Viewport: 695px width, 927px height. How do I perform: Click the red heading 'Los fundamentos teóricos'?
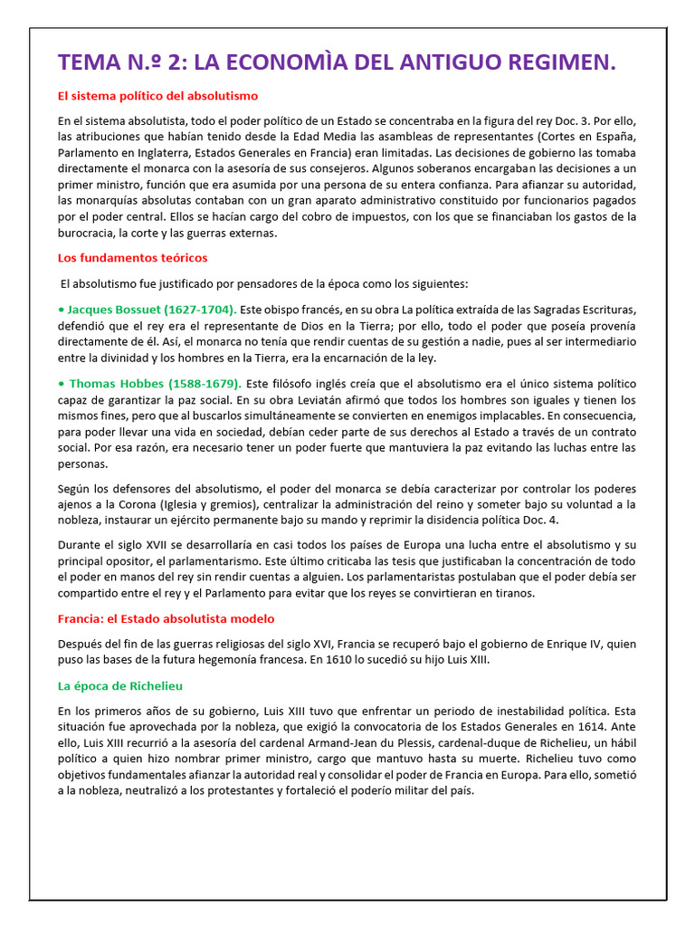(132, 258)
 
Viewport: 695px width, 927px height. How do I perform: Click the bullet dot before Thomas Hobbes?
(62, 384)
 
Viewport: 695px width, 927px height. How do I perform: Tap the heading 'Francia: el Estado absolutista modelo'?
(166, 618)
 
